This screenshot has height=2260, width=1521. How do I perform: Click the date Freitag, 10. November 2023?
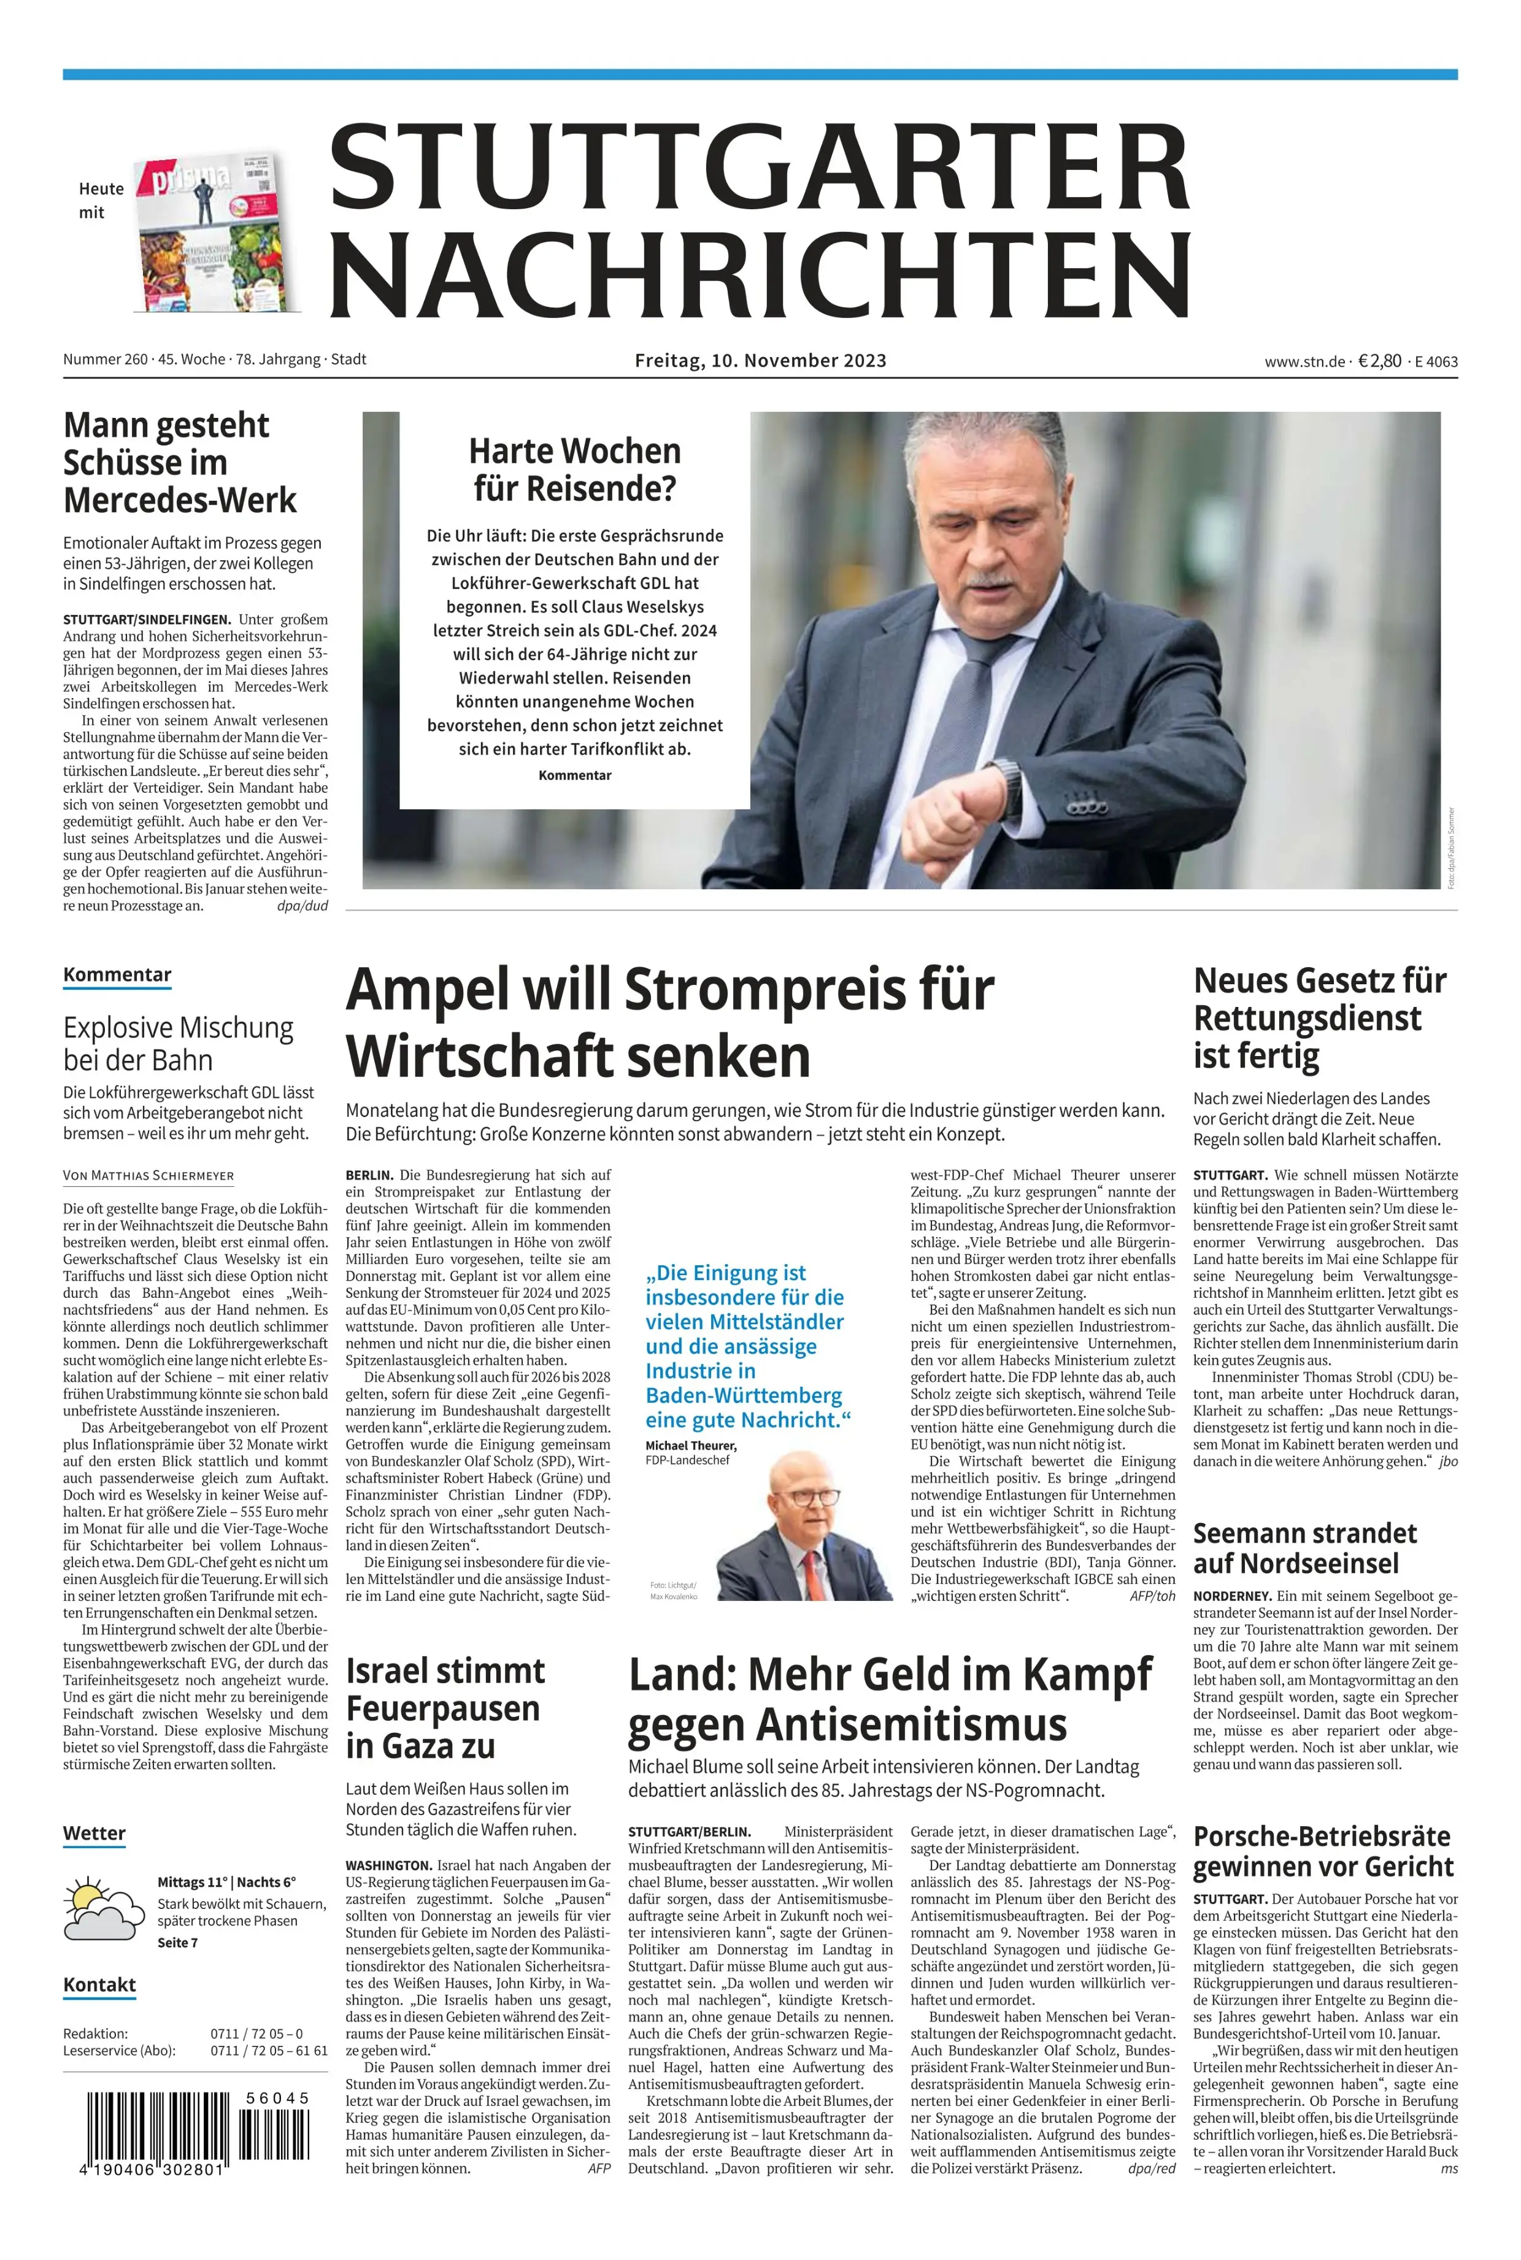(x=761, y=361)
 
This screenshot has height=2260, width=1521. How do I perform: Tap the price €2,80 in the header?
(x=1379, y=361)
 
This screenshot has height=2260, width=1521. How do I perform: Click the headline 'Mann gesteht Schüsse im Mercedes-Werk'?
(x=179, y=463)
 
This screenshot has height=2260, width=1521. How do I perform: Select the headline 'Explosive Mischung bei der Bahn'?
(x=179, y=1043)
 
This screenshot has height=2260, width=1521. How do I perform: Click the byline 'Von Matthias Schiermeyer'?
(x=148, y=1176)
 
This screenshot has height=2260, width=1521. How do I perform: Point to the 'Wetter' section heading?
(x=94, y=1833)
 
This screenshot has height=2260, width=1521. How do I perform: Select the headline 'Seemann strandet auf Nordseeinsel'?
(x=1304, y=1548)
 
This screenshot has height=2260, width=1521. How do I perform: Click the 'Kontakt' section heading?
(x=99, y=1984)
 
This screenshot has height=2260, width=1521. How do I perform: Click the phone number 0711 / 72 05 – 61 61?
(x=269, y=2051)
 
